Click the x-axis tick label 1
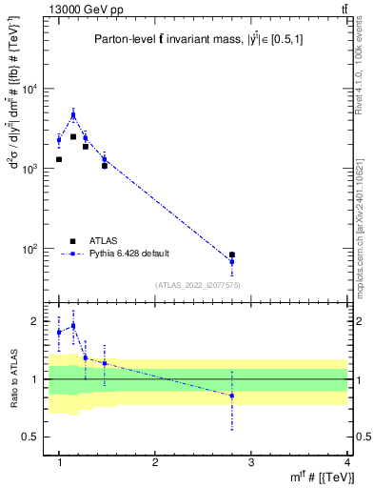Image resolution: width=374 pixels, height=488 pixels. point(59,462)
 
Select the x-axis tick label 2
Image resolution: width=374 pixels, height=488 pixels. point(155,462)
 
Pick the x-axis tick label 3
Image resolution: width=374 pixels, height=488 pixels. point(251,462)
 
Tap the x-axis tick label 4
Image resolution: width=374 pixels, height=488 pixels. point(346,462)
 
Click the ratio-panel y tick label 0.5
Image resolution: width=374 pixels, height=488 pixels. point(34,437)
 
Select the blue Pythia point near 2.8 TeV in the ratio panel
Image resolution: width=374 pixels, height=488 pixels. point(231,396)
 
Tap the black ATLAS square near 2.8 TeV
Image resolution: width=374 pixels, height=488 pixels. point(231,255)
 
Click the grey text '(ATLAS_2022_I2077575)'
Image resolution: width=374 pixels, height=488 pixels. point(197,284)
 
